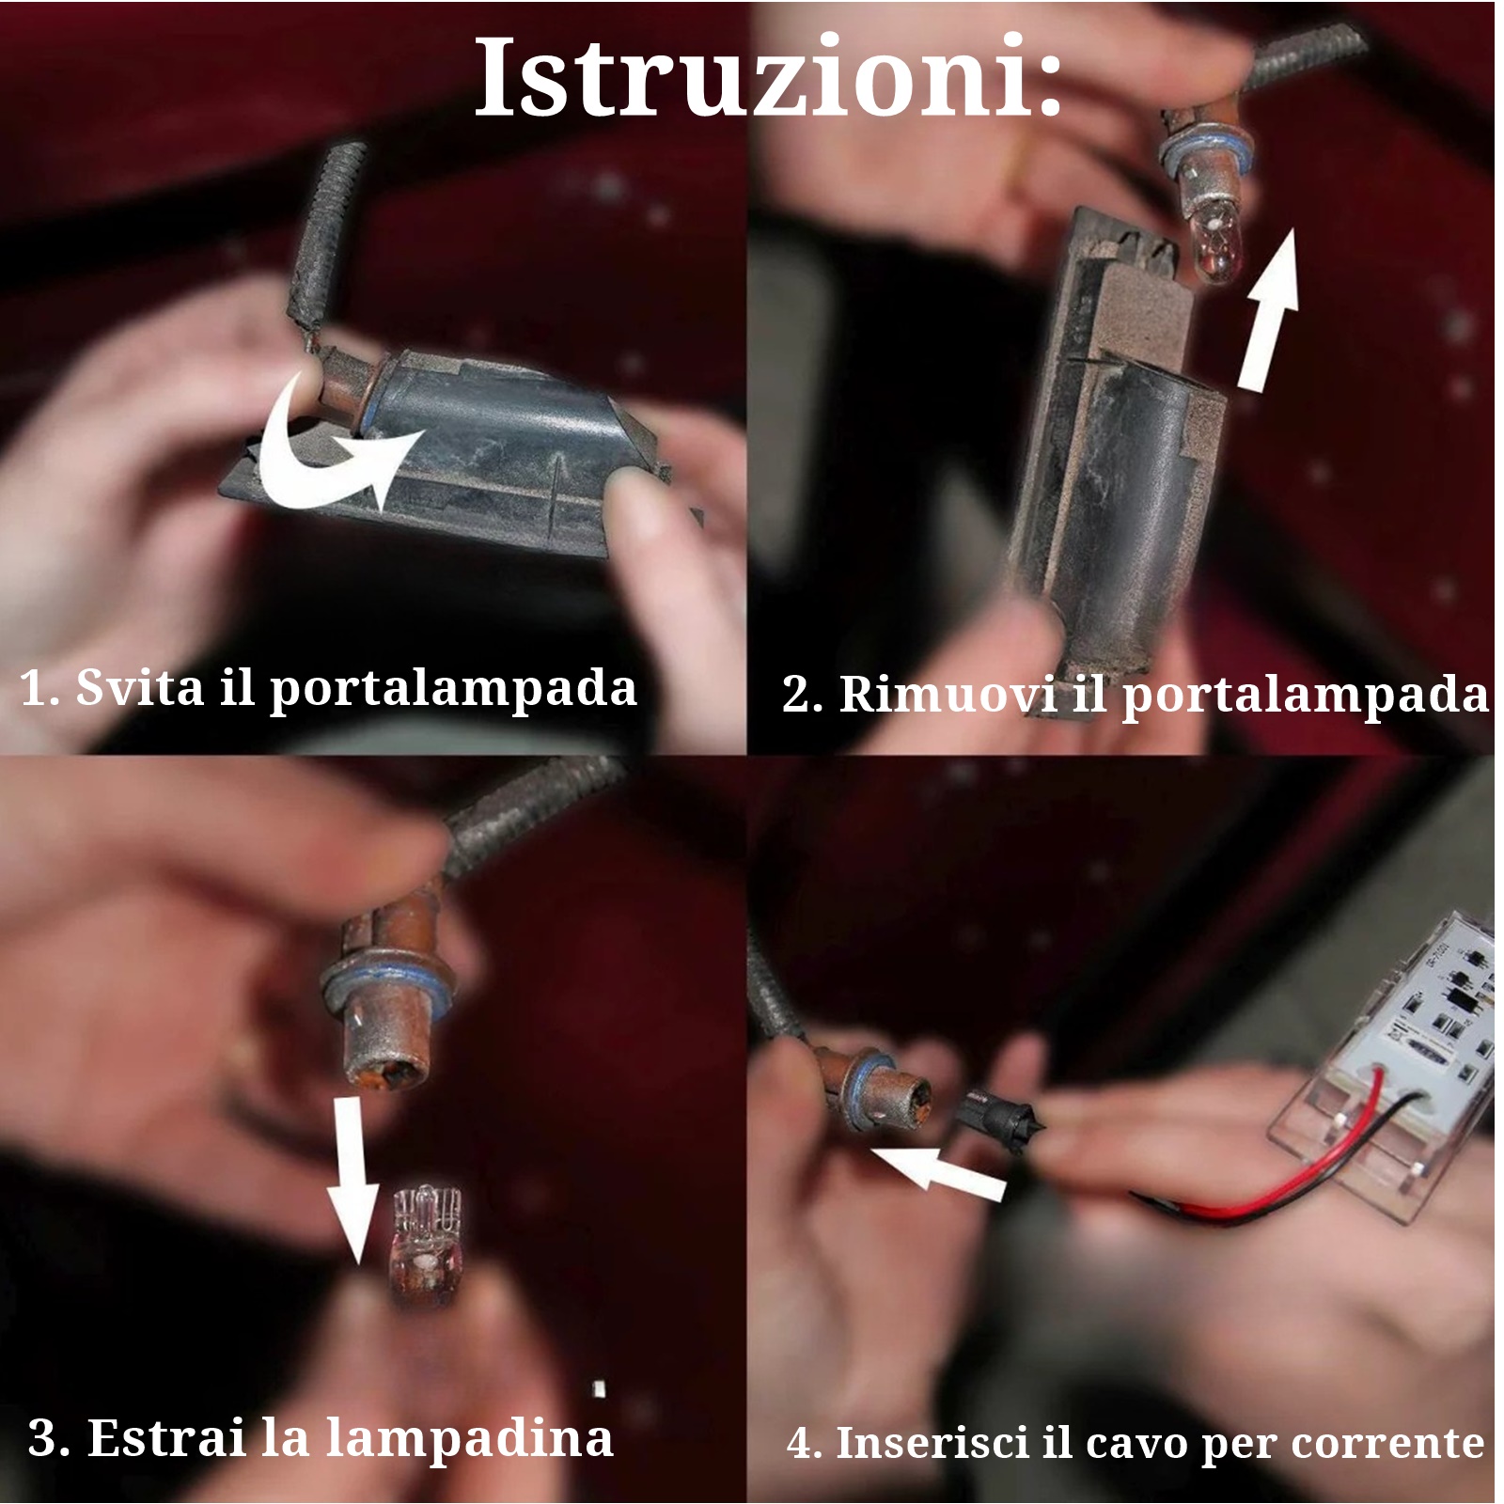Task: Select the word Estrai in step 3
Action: tap(167, 1437)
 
